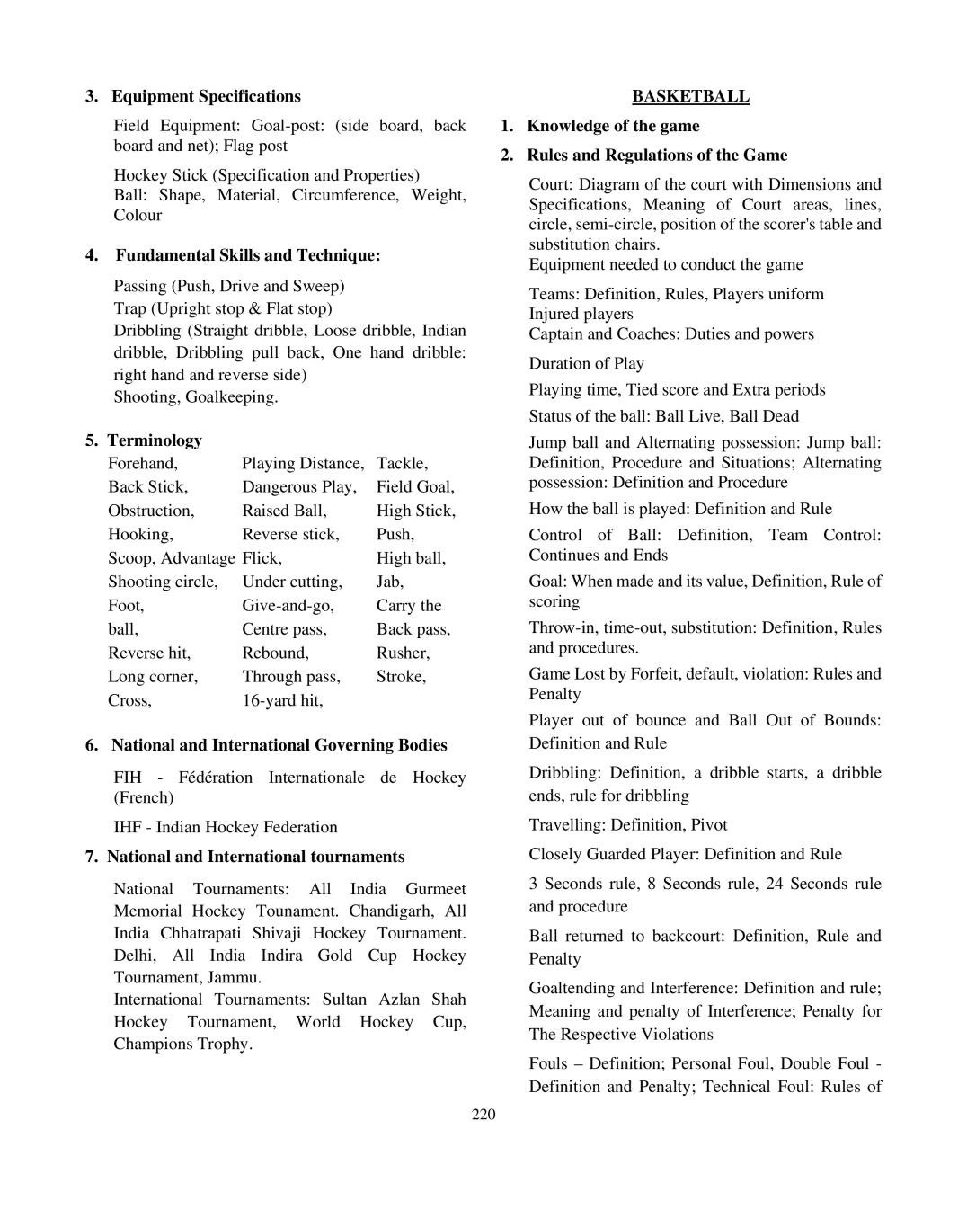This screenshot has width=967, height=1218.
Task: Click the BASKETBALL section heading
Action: coord(690,96)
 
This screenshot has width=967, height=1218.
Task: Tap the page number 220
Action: coord(483,1115)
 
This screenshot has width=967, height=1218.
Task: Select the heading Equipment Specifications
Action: coord(206,96)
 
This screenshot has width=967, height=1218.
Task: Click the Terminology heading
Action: coord(155,440)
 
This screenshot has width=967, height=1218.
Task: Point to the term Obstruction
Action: coord(151,511)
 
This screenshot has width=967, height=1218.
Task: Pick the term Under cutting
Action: coord(292,582)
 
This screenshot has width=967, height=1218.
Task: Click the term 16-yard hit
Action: coord(282,700)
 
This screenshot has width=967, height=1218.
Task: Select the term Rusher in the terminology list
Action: coord(403,653)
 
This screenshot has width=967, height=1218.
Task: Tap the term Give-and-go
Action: coord(288,606)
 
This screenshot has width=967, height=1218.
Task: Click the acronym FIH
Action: coord(128,778)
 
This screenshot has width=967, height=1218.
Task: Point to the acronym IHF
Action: coord(128,827)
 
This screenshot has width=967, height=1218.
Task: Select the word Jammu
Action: coord(231,977)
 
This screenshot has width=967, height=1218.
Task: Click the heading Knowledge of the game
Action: coord(613,126)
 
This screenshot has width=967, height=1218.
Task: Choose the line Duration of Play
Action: coord(586,363)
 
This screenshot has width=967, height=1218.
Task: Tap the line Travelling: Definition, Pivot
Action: coord(627,824)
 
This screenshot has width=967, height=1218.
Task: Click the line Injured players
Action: coord(581,314)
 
